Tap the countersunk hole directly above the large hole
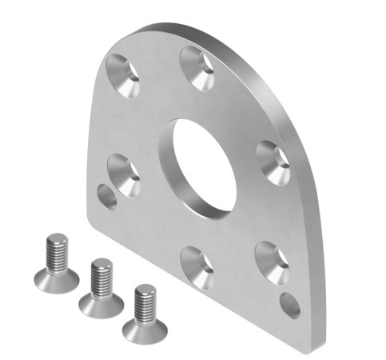tap(196, 66)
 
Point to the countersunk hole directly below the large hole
tap(196, 265)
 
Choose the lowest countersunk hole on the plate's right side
tap(271, 261)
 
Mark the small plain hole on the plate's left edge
tap(107, 195)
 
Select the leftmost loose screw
tap(57, 263)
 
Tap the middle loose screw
tap(101, 288)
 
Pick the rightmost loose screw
tap(145, 313)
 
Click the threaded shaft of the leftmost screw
tap(57, 250)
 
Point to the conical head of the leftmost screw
tap(57, 278)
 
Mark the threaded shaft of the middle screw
tap(101, 275)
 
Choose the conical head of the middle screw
tap(101, 302)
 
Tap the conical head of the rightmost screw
tap(145, 327)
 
